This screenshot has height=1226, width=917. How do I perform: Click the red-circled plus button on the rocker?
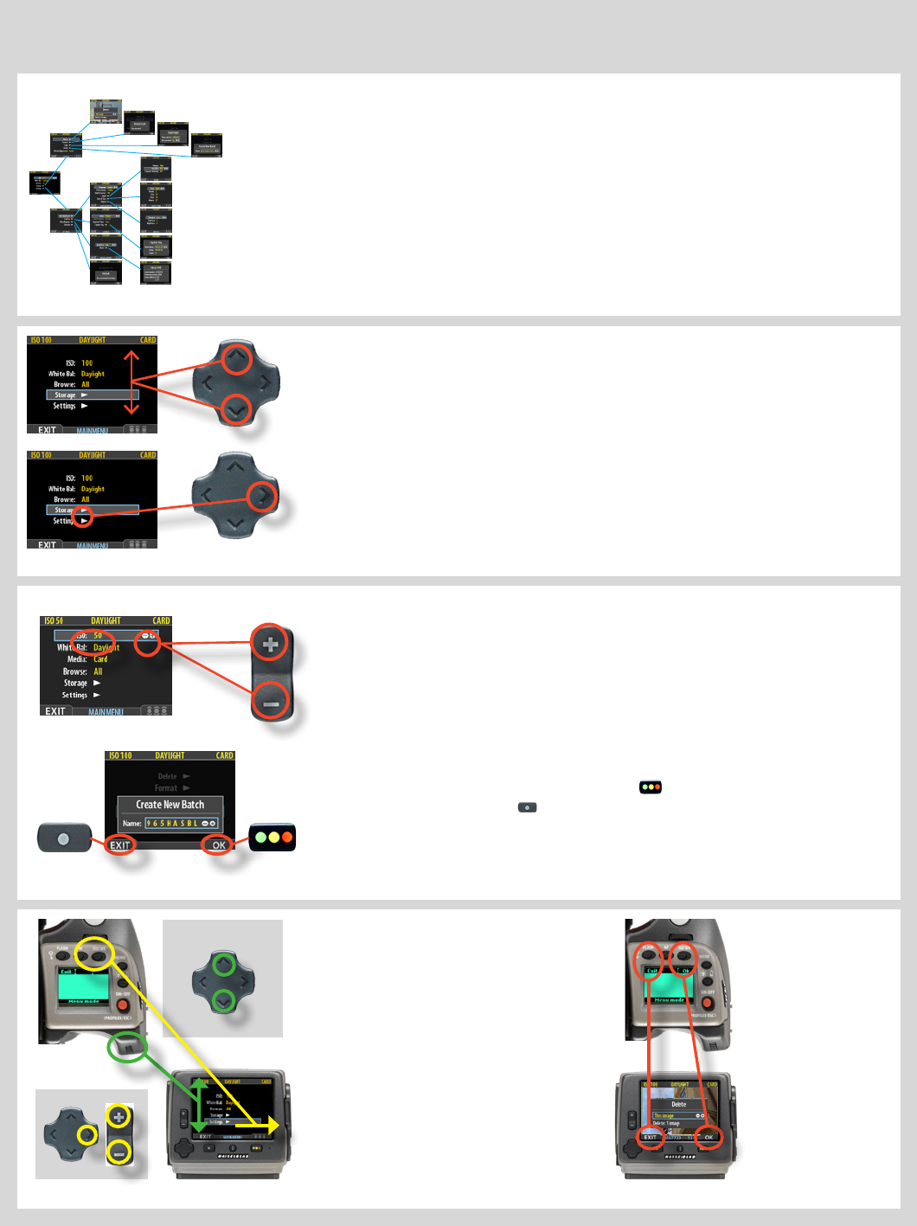(271, 644)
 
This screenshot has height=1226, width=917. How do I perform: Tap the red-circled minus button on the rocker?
(271, 703)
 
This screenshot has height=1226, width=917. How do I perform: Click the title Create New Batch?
(170, 805)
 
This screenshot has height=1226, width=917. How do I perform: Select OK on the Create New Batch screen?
(219, 845)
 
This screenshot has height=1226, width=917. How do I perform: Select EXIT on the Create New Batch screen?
(120, 845)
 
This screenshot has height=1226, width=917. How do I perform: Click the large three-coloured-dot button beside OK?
(273, 838)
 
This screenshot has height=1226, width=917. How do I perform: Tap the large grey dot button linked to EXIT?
(63, 838)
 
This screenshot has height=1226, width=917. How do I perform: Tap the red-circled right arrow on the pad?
(263, 496)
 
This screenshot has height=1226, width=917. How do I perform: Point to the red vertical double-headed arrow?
(131, 382)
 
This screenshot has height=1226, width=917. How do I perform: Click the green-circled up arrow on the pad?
(224, 963)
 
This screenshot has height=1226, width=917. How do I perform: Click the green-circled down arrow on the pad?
(224, 1002)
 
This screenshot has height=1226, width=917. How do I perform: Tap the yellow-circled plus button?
(119, 1116)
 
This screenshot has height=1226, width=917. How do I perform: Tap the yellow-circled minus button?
(119, 1152)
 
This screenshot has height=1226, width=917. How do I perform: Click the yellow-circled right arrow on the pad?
(86, 1134)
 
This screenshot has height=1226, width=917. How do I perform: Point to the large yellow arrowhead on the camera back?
(273, 1126)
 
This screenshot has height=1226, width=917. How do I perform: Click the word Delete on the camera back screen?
(679, 1104)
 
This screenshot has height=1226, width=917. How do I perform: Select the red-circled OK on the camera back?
(709, 1137)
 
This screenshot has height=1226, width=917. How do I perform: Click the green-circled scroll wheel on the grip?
(127, 1049)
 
